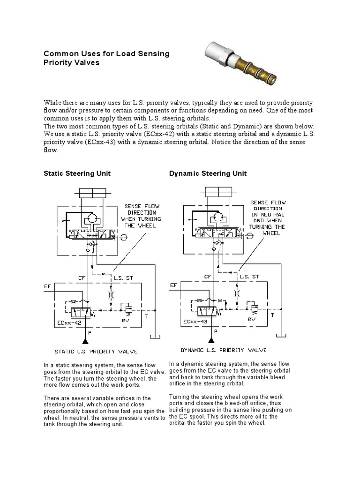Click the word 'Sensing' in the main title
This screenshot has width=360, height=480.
(x=152, y=53)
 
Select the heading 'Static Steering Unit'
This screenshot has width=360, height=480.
(x=77, y=173)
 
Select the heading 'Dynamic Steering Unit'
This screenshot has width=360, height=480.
(x=208, y=173)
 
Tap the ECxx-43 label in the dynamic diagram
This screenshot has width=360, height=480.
(x=195, y=322)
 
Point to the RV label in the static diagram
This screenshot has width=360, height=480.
(x=125, y=320)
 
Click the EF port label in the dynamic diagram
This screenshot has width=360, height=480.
(x=173, y=285)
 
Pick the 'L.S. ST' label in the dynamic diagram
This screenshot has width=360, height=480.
(x=248, y=277)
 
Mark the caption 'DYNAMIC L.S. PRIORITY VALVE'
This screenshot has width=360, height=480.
(x=224, y=350)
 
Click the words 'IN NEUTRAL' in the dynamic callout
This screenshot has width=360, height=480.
(x=267, y=214)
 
